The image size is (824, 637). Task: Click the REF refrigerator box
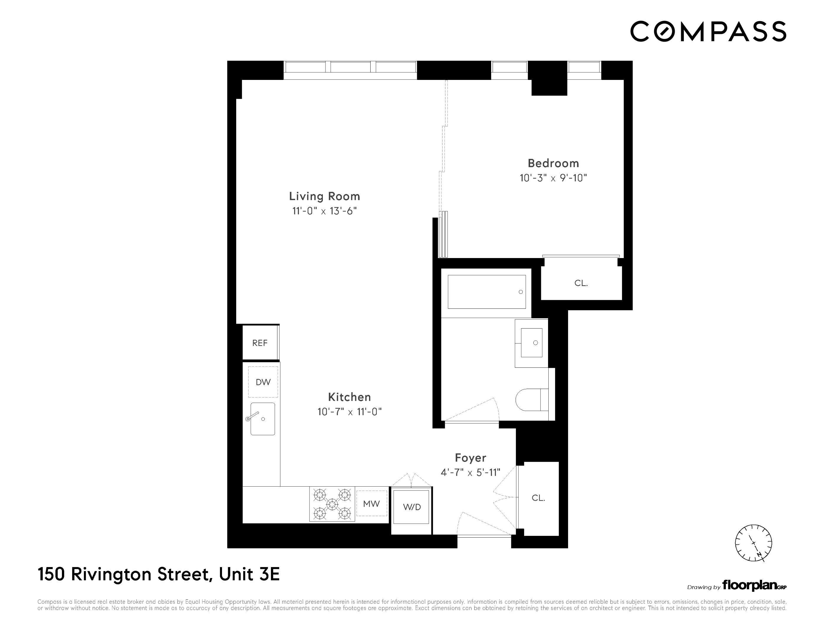(x=260, y=343)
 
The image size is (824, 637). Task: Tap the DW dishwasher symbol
(x=263, y=382)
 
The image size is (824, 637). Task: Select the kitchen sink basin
(x=263, y=419)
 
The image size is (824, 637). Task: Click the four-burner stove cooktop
(x=332, y=504)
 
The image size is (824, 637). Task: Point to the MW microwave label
(x=371, y=503)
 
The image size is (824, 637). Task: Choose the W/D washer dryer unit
(x=412, y=507)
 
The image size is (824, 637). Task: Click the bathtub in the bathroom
(x=486, y=292)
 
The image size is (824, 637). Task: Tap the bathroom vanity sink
(x=531, y=343)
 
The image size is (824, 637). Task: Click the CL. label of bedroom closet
(x=581, y=283)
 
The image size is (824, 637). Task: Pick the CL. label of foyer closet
(x=538, y=498)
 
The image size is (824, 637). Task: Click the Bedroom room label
(x=553, y=163)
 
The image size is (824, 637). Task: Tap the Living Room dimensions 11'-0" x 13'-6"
(x=325, y=211)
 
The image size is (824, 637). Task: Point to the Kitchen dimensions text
(x=349, y=412)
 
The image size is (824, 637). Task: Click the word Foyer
(x=471, y=458)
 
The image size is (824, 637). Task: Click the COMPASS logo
(x=708, y=31)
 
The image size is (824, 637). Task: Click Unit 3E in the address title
(x=249, y=574)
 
